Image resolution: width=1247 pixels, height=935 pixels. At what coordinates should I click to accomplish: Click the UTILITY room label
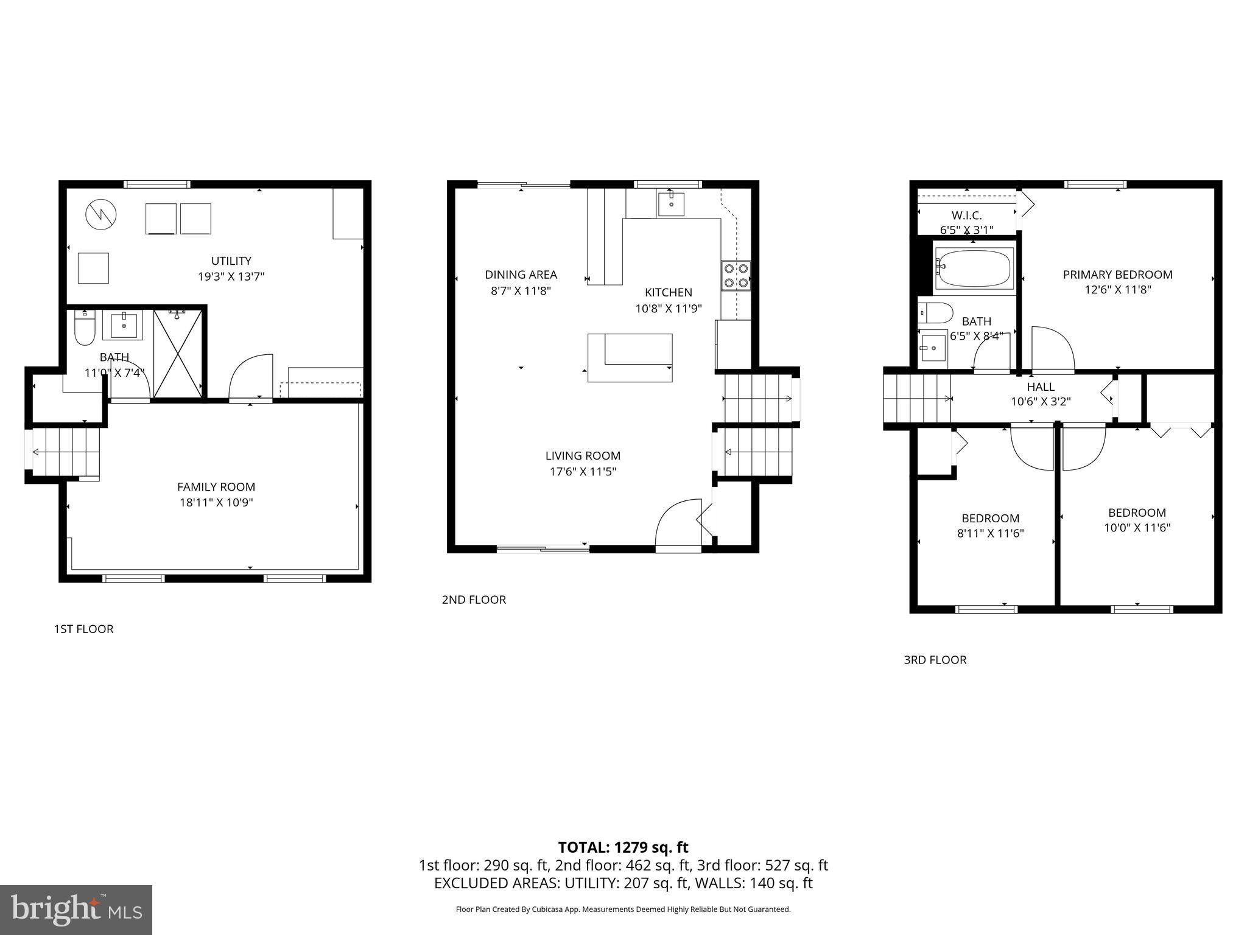tap(231, 261)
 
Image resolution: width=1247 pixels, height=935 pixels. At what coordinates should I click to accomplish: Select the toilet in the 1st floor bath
tap(84, 328)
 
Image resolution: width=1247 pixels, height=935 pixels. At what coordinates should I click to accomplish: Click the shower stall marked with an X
tap(177, 352)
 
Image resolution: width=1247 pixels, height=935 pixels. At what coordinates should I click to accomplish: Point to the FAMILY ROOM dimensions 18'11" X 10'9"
tap(216, 502)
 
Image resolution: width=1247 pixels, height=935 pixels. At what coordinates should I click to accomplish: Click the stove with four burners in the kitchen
tap(736, 275)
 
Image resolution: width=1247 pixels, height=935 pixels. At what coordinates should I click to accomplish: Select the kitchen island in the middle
tap(630, 357)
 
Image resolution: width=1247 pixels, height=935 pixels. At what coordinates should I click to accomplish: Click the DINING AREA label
tap(521, 275)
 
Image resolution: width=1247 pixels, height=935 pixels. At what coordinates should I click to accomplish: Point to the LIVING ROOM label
tap(583, 455)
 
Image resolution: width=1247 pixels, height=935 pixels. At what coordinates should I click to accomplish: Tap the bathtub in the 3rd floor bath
tap(974, 268)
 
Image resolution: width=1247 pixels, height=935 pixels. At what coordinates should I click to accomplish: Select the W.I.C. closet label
tap(966, 215)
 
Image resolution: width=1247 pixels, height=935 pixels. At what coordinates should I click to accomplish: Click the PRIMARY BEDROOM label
tap(1117, 275)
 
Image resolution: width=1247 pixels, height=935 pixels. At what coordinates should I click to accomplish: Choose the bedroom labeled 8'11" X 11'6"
tap(990, 526)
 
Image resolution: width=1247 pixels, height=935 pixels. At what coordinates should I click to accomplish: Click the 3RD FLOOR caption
tap(935, 660)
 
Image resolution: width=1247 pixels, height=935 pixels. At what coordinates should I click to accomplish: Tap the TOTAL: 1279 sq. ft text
tap(623, 847)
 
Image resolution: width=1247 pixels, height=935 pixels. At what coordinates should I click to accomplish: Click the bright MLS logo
tap(76, 909)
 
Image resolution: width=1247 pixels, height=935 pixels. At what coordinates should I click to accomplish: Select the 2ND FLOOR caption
tap(474, 600)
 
